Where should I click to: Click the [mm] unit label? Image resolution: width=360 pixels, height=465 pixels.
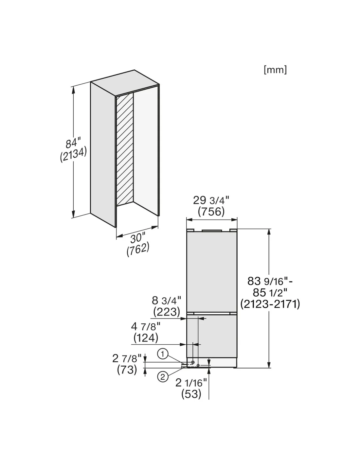click(275, 70)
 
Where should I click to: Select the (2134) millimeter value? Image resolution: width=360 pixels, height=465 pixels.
click(73, 154)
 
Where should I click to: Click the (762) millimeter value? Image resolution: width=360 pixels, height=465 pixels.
click(138, 249)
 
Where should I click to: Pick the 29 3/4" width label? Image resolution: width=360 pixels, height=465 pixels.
click(211, 200)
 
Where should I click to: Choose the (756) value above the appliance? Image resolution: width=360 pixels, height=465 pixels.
click(211, 212)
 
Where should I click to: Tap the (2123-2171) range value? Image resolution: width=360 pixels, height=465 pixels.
click(270, 304)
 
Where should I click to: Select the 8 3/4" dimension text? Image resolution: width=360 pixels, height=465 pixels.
click(166, 301)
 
